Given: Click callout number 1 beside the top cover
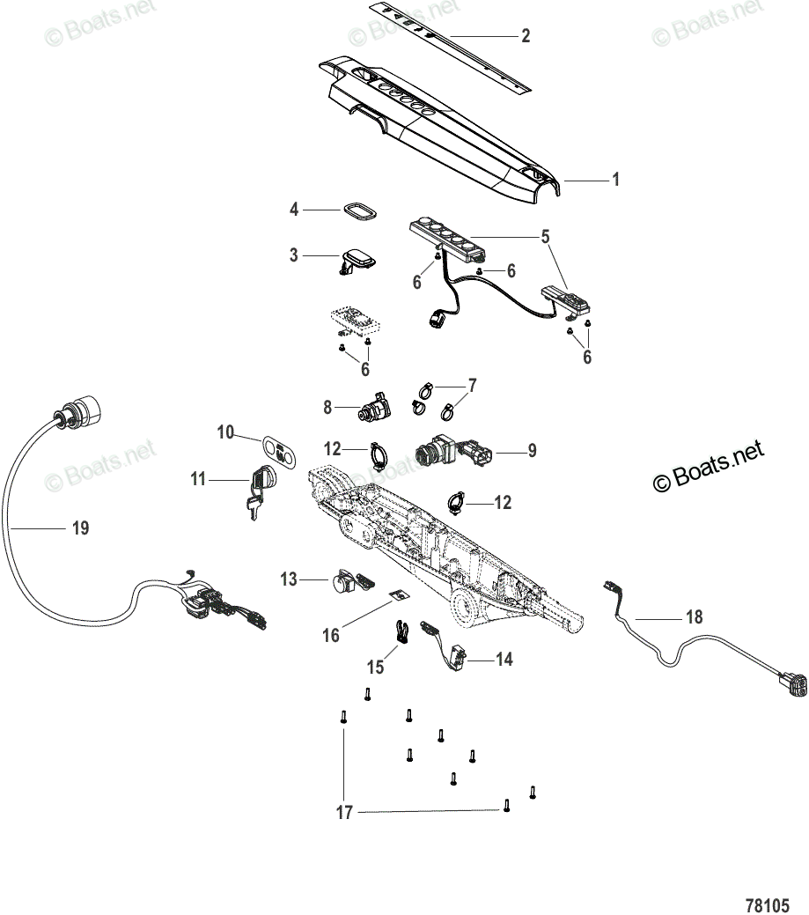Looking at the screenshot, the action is [x=615, y=179].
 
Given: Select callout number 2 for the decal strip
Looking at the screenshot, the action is [x=526, y=35].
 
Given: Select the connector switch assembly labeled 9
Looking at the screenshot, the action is [x=453, y=450].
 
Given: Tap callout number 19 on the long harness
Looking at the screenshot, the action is [x=80, y=528].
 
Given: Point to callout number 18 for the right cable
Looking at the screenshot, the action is [x=694, y=616].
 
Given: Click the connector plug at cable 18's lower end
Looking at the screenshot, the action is [x=791, y=683].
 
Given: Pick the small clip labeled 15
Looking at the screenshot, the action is [x=401, y=631].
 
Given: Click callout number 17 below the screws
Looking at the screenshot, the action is [x=344, y=812].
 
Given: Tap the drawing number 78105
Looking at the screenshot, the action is [x=768, y=904].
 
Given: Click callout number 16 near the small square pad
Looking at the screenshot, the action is [x=331, y=635].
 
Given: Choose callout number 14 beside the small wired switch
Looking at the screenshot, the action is [x=504, y=660].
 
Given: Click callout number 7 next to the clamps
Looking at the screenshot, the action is [x=473, y=385].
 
